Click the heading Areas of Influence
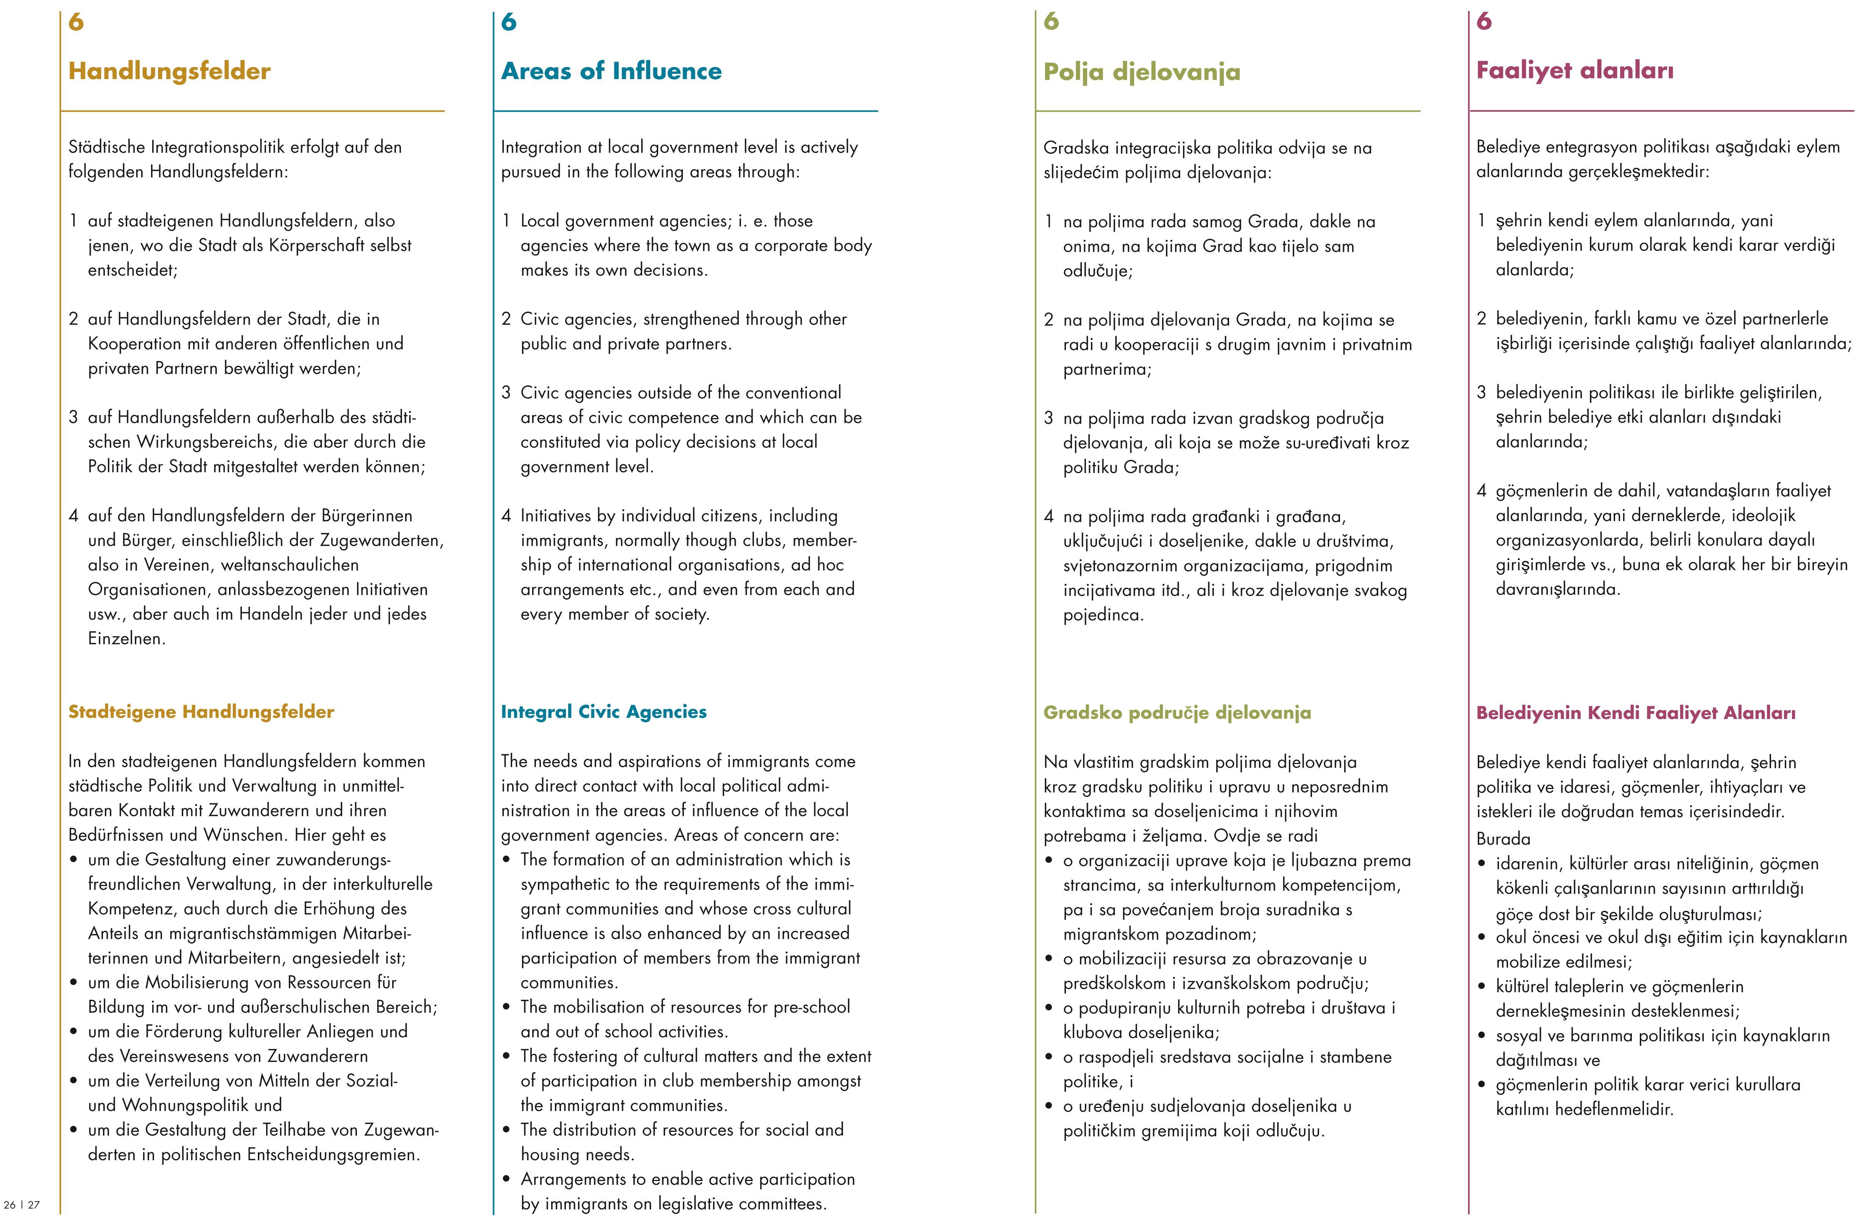(611, 71)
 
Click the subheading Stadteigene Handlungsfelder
(201, 712)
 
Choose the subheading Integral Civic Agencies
(604, 712)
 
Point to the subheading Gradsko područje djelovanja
(1177, 713)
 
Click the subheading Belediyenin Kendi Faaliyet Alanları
(1636, 713)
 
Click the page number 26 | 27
(21, 1204)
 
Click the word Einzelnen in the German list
(126, 638)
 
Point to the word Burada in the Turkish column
(1502, 839)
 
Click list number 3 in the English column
(506, 392)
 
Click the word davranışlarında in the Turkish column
(1558, 589)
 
